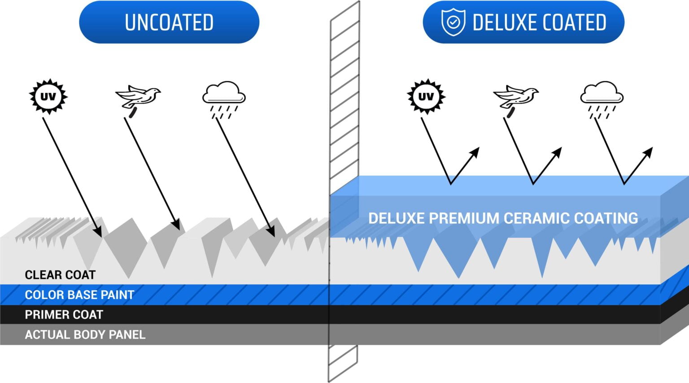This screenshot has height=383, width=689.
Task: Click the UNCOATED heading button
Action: (x=169, y=22)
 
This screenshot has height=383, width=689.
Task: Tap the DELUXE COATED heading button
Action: (x=523, y=22)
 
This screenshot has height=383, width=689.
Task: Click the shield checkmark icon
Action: (x=453, y=22)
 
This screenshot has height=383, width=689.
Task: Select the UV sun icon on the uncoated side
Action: (x=48, y=96)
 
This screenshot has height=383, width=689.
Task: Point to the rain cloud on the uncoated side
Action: (x=224, y=93)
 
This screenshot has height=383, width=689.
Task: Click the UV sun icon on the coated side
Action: (x=426, y=96)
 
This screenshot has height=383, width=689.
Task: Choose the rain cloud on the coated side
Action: (x=602, y=93)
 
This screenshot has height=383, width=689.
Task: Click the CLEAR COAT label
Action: (x=60, y=274)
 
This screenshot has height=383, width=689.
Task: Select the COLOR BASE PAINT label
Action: (x=79, y=295)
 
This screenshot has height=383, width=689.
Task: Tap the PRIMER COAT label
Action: (x=64, y=315)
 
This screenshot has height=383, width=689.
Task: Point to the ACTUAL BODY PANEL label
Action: (x=85, y=335)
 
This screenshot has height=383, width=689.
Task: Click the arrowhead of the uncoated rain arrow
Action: (x=271, y=231)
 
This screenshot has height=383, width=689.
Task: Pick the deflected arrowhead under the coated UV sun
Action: (x=475, y=152)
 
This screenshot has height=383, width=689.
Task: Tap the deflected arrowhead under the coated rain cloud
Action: (x=648, y=152)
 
